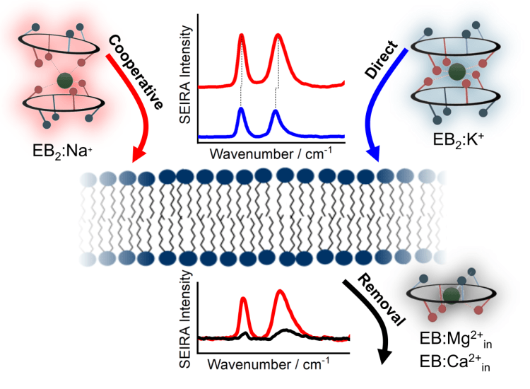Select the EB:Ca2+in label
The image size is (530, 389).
pos(452,365)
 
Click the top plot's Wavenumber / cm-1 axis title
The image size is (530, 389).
pos(271,152)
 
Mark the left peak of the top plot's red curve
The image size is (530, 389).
pos(242,35)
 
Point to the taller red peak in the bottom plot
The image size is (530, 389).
pos(281,291)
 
